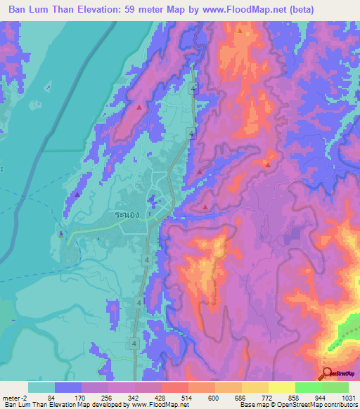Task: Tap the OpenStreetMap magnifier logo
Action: point(328,373)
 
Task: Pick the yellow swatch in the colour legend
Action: point(281,387)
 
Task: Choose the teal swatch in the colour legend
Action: point(41,387)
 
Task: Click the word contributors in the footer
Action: point(339,405)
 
